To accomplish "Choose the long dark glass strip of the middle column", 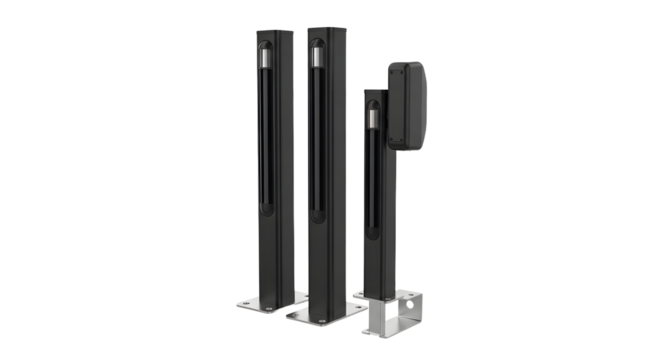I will (315, 140).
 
